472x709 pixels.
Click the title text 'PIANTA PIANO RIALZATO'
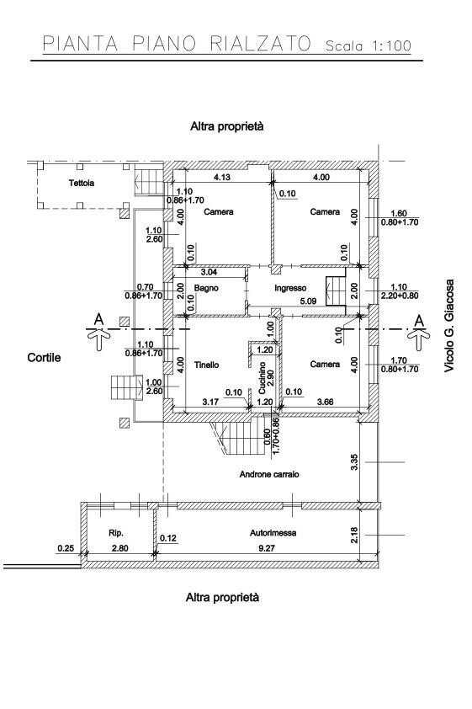coord(176,44)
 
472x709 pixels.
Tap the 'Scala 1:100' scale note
coord(368,45)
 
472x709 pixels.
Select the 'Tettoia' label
coord(82,183)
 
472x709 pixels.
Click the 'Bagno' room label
coord(207,288)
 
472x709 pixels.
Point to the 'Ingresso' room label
coord(289,288)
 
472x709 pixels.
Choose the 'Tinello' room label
coord(206,365)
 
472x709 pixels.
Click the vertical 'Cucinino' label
coord(263,376)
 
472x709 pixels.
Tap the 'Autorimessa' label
coord(272,533)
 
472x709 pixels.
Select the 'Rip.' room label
coord(116,533)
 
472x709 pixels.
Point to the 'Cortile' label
coord(44,358)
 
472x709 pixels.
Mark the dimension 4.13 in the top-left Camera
coord(222,178)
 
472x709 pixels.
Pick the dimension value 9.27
coord(266,549)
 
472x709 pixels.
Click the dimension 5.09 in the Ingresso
coord(308,301)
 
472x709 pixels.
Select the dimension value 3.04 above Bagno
coord(209,273)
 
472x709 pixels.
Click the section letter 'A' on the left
coord(98,319)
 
